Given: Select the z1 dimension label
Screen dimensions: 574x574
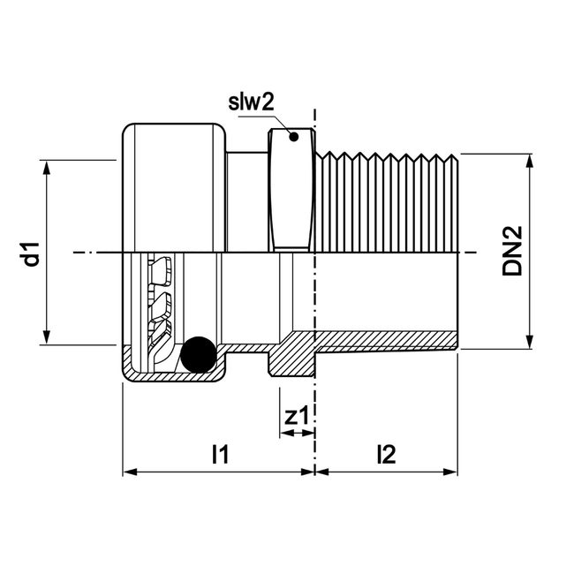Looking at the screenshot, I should [x=298, y=415].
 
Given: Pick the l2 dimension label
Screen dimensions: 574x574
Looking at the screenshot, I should [x=386, y=455].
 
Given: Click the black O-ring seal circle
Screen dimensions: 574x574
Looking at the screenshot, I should [x=198, y=355].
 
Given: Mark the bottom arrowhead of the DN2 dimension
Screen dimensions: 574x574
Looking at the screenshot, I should [x=530, y=344].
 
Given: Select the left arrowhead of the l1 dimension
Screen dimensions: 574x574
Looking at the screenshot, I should [x=129, y=471].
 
